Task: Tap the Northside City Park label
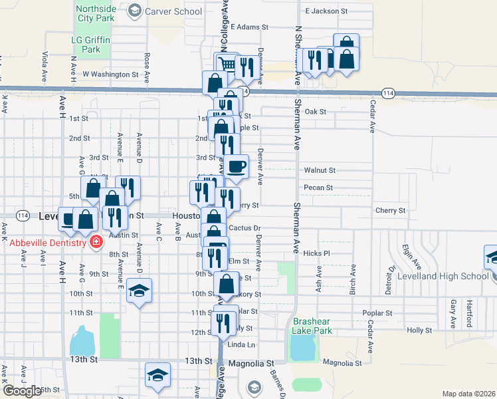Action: tap(95, 13)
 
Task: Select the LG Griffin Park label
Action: tap(90, 45)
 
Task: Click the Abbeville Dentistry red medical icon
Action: tap(96, 241)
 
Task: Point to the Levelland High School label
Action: tap(443, 276)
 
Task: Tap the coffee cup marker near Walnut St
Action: tap(237, 166)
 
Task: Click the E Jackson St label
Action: tap(326, 11)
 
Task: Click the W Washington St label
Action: tap(110, 74)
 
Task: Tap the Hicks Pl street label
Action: tap(316, 253)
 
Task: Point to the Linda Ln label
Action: tap(241, 345)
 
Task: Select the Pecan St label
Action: tap(318, 188)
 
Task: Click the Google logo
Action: tap(22, 391)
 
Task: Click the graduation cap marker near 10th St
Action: tap(140, 291)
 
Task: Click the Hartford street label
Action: tap(469, 312)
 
